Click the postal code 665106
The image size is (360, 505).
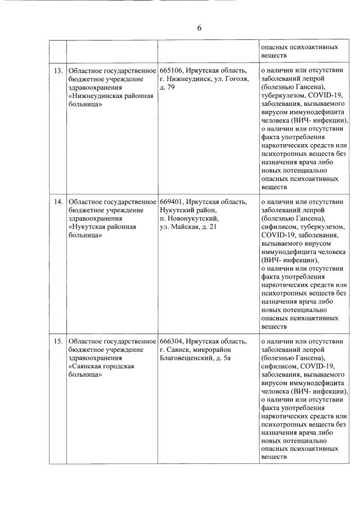click(171, 71)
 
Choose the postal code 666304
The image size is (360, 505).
click(171, 341)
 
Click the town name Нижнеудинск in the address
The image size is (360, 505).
click(188, 79)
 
